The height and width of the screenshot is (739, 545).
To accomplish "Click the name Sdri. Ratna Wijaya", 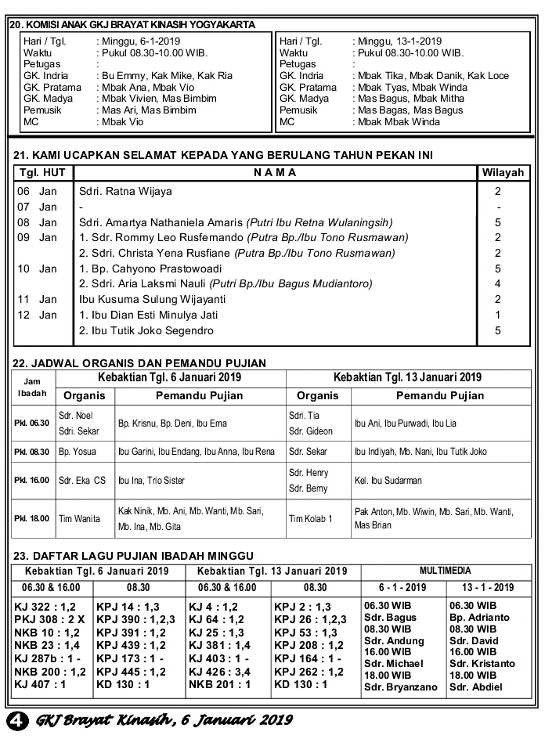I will [125, 191].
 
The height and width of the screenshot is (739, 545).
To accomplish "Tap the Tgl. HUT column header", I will [42, 172].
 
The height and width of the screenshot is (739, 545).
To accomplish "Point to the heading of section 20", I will [132, 24].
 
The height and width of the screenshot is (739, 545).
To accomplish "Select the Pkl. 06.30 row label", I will [31, 424].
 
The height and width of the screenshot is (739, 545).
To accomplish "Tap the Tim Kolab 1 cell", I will [311, 518].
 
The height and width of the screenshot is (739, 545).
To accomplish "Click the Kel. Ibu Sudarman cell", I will [388, 481].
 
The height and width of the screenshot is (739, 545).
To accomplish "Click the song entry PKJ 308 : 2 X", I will [49, 619].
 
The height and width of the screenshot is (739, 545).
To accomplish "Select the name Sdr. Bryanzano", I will [400, 687].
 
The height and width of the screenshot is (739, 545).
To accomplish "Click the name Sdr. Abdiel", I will [475, 687].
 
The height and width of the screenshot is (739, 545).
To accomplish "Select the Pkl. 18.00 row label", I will [31, 518].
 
